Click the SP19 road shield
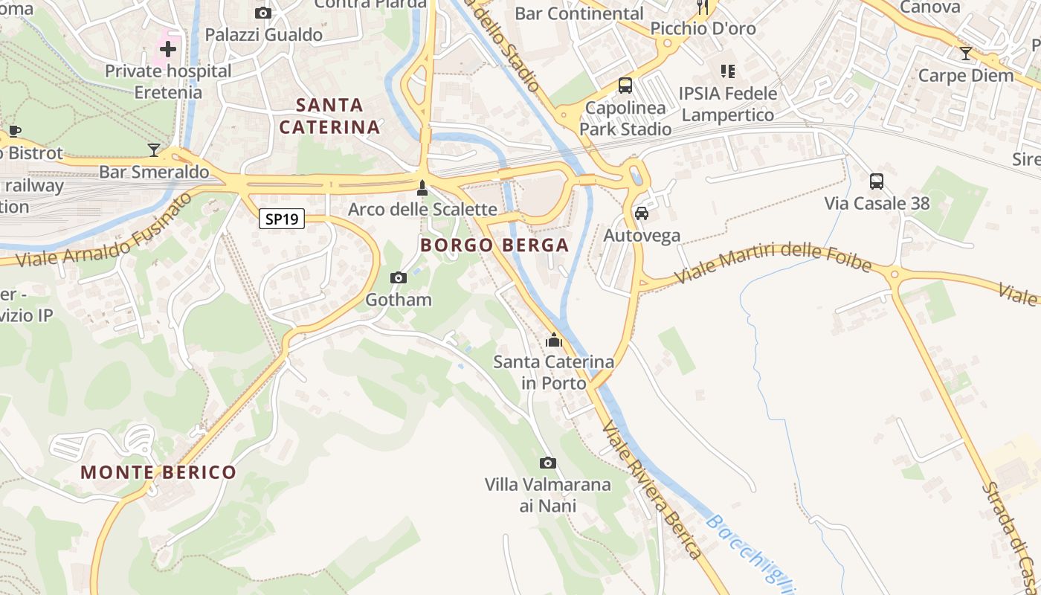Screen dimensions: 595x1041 coord(282,219)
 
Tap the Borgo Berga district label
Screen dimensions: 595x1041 coord(494,245)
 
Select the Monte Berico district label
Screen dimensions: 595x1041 coord(158,472)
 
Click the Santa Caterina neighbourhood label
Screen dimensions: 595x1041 coord(330,115)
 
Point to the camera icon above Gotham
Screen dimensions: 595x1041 coord(399,277)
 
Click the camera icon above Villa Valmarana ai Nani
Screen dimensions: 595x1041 coord(548,463)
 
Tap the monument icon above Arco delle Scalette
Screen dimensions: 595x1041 coord(422,187)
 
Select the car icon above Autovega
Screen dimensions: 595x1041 coord(642,213)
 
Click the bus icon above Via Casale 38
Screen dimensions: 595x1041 coord(877,181)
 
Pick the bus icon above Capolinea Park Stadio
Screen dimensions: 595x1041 coord(625,86)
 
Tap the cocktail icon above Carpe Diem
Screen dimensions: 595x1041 coord(966,54)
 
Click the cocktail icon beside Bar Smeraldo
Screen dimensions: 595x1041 coord(154,150)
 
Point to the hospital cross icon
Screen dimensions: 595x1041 coord(168,49)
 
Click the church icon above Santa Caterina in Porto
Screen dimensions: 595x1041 coord(553,340)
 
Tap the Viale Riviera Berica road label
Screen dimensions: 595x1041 coord(652,490)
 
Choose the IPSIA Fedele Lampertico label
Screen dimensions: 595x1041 coord(729,104)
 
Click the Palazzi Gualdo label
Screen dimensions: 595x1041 coord(263,35)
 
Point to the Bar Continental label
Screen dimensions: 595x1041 coord(579,13)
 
